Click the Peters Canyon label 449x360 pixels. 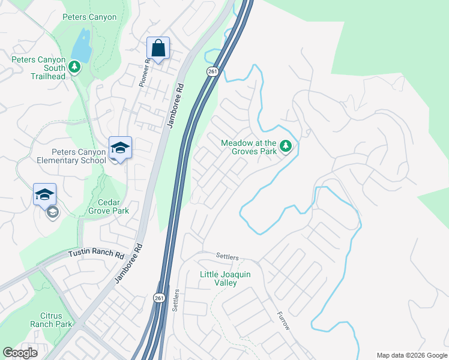(90, 17)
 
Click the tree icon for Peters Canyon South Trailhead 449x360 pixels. (74, 67)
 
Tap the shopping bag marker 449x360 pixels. (158, 49)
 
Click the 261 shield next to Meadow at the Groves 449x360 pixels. (212, 71)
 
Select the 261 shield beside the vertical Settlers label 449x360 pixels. (158, 298)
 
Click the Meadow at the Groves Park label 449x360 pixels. (249, 147)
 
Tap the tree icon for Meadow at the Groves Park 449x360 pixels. (286, 146)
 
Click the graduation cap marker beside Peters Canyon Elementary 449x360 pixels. (120, 148)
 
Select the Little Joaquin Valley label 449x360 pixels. (225, 278)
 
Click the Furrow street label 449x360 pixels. (284, 321)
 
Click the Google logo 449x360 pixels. (20, 353)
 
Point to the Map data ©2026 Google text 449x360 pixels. (411, 355)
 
